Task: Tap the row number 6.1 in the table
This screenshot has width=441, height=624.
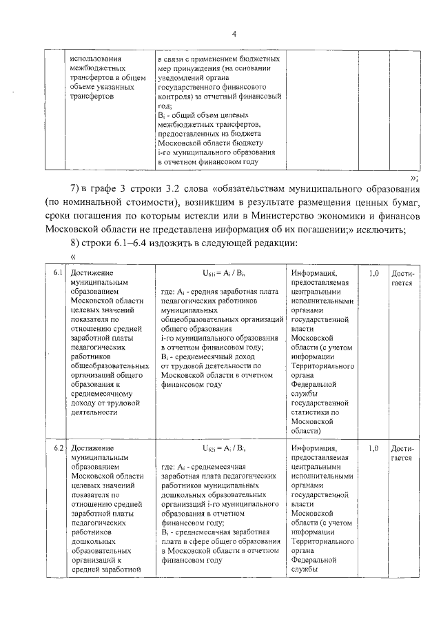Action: [x=59, y=274]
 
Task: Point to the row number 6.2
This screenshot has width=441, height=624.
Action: [x=59, y=448]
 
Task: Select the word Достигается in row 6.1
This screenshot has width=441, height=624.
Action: [x=402, y=278]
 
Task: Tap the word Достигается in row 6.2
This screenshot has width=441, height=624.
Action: [x=402, y=452]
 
